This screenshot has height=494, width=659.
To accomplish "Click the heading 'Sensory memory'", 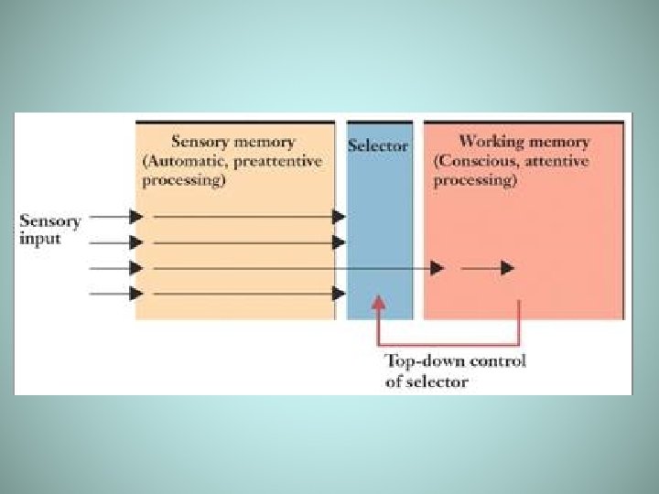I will point(232,142).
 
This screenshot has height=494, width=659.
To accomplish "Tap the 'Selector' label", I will point(378,145).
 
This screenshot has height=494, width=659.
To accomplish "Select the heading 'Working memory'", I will point(524,142).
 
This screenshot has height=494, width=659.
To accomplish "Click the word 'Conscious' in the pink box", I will point(478,161).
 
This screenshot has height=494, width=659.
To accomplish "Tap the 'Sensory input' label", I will point(50,229).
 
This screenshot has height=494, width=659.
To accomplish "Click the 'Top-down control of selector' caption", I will point(455,370).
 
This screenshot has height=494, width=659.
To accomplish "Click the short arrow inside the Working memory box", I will point(487,268).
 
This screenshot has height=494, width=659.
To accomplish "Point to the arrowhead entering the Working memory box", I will point(438,268).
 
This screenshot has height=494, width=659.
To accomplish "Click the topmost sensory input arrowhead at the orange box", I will point(136,217).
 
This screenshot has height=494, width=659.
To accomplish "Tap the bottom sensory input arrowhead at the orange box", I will point(136,294).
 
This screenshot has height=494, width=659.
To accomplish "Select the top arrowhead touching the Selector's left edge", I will point(339,217).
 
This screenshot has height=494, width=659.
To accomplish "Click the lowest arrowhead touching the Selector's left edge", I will point(339,294).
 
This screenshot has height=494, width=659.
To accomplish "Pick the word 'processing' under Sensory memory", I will point(183,180).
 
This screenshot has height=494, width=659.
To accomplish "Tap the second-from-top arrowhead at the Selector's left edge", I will point(339,242).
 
